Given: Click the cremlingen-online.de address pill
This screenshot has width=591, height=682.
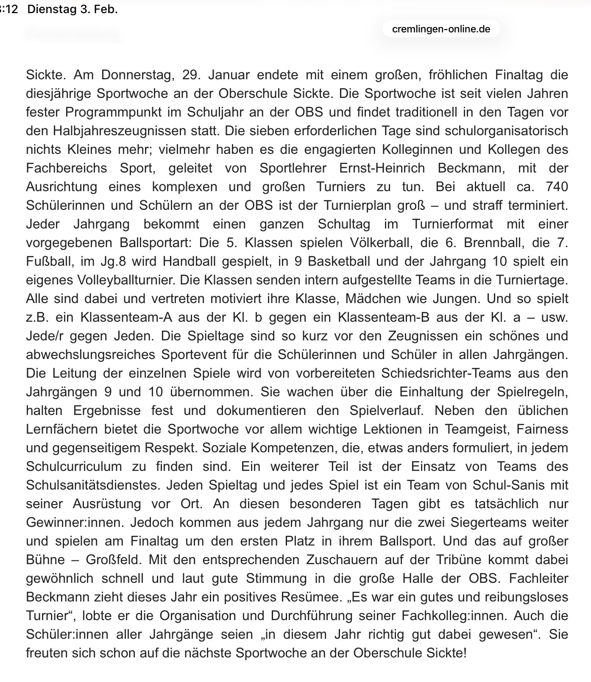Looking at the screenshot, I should point(441,29).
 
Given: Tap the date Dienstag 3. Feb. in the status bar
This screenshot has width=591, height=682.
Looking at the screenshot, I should point(72,9).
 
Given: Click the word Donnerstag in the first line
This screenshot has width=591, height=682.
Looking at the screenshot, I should point(138,75).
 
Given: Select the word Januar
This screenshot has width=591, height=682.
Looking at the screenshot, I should point(229,75).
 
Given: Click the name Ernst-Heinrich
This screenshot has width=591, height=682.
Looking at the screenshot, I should point(382,168).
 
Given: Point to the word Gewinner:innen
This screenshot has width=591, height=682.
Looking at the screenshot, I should point(74,523).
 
